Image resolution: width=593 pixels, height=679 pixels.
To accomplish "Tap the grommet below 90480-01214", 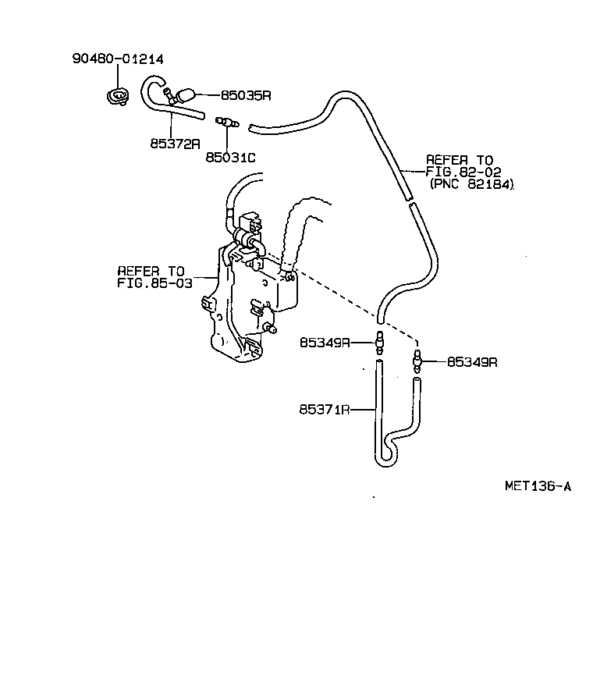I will [x=119, y=98].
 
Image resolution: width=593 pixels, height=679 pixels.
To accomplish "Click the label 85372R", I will [x=176, y=144].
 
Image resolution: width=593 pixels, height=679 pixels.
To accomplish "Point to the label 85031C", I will [x=230, y=158].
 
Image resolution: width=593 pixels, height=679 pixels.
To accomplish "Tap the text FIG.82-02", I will [x=463, y=172].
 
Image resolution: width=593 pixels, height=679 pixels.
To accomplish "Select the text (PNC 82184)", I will [x=473, y=184].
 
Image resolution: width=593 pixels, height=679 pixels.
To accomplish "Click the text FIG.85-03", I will [x=154, y=282].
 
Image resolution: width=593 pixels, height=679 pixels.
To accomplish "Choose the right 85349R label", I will [x=472, y=361].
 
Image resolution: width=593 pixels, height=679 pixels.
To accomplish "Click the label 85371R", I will [x=324, y=408].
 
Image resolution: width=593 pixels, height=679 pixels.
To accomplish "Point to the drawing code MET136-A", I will [x=538, y=486].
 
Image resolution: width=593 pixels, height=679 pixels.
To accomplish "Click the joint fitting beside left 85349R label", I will [x=380, y=341].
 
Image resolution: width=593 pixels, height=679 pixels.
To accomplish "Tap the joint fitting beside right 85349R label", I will [x=417, y=361].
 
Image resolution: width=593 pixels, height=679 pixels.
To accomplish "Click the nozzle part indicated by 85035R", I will [x=185, y=96].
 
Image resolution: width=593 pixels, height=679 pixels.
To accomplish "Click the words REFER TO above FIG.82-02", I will [x=459, y=160].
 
